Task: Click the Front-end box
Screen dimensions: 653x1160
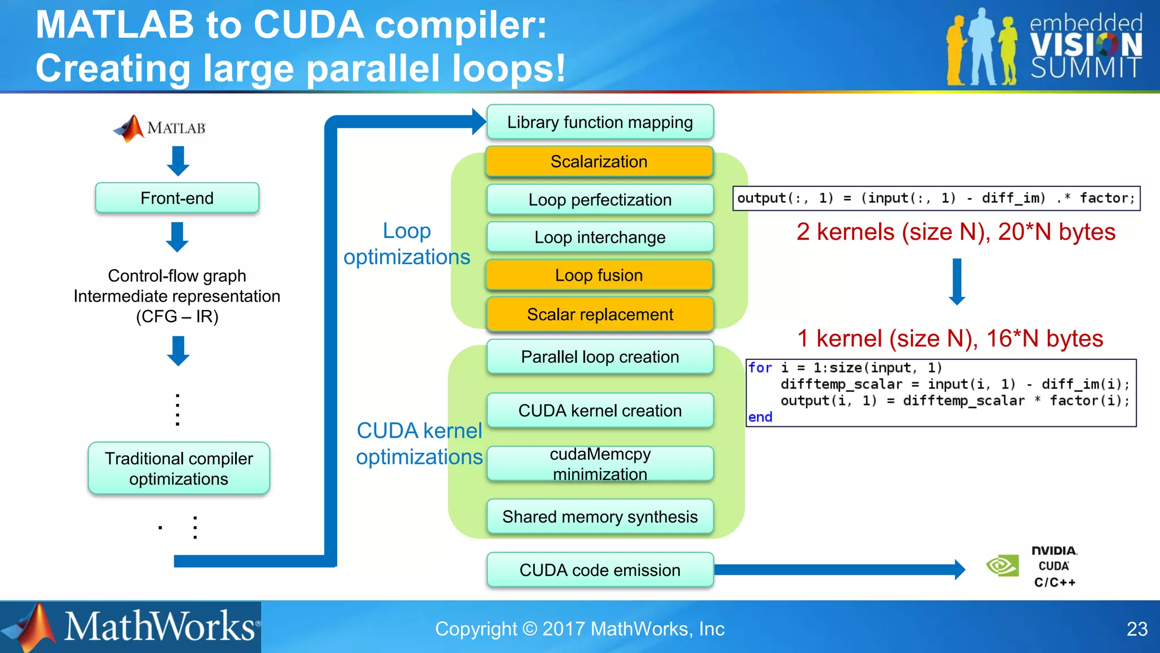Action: (x=177, y=198)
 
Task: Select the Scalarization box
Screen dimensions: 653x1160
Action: (x=599, y=162)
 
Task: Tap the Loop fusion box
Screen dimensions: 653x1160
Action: (x=599, y=275)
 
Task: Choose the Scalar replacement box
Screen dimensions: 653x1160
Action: (x=599, y=315)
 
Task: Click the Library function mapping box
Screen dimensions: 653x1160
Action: (x=599, y=122)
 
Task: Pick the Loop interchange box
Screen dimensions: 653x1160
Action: (x=599, y=237)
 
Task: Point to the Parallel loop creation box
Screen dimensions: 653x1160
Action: (x=599, y=357)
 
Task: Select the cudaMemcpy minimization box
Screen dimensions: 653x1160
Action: (x=599, y=464)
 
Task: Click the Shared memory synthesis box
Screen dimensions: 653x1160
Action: (x=599, y=516)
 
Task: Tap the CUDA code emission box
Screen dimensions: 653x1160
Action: (x=599, y=570)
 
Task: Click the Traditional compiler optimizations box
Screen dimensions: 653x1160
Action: (x=178, y=468)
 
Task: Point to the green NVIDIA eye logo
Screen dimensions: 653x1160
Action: (x=1002, y=566)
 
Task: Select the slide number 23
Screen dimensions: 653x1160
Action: (x=1137, y=629)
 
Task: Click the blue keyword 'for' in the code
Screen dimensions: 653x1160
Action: (x=760, y=368)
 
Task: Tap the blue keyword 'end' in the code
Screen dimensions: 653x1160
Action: (x=760, y=417)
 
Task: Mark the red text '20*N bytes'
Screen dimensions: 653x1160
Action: (x=1056, y=232)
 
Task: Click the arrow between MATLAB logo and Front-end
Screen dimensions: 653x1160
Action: (x=178, y=161)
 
